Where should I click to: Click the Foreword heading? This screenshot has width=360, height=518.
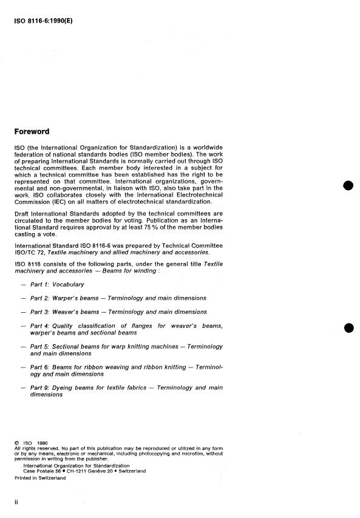(x=32, y=131)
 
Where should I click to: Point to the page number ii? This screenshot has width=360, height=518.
(x=16, y=502)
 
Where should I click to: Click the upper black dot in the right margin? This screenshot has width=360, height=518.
(x=348, y=186)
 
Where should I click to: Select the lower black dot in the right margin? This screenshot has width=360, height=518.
(x=348, y=329)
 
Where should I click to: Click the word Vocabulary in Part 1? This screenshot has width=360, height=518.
(x=69, y=284)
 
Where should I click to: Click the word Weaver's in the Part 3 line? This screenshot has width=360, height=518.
(x=69, y=312)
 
